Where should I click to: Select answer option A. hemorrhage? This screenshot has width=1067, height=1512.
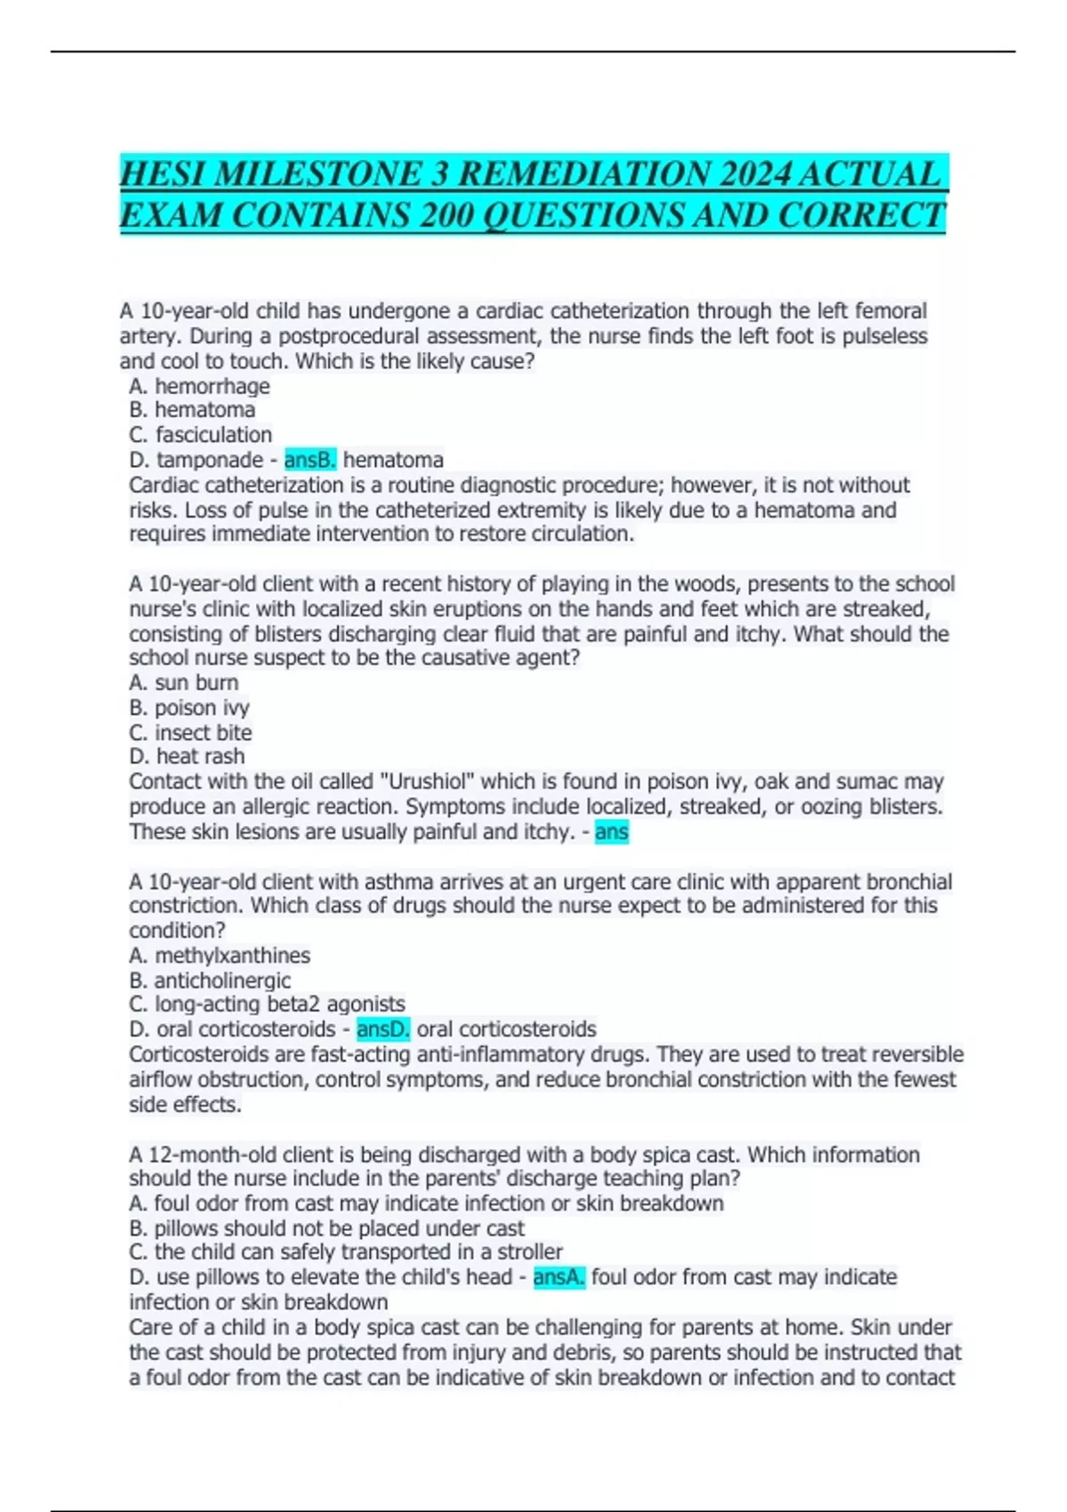point(199,386)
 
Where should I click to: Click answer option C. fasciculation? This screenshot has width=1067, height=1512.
point(200,435)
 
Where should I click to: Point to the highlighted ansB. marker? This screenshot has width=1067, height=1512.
point(310,460)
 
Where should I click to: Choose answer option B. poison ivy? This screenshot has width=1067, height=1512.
point(189,708)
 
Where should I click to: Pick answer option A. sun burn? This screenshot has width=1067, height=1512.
point(183,683)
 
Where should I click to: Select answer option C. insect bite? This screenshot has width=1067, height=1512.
point(190,733)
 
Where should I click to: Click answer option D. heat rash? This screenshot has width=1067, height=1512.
point(187,757)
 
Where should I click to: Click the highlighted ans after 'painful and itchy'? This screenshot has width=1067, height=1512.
point(612,832)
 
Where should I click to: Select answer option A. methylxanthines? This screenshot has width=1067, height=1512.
point(220,956)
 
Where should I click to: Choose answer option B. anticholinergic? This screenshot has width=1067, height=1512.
point(210,981)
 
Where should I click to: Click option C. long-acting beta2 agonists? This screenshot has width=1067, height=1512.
point(267,1005)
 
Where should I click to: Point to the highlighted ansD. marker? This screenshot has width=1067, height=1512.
point(383,1030)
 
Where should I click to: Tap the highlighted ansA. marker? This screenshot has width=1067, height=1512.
point(559,1278)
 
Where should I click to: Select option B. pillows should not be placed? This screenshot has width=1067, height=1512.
point(326,1228)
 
